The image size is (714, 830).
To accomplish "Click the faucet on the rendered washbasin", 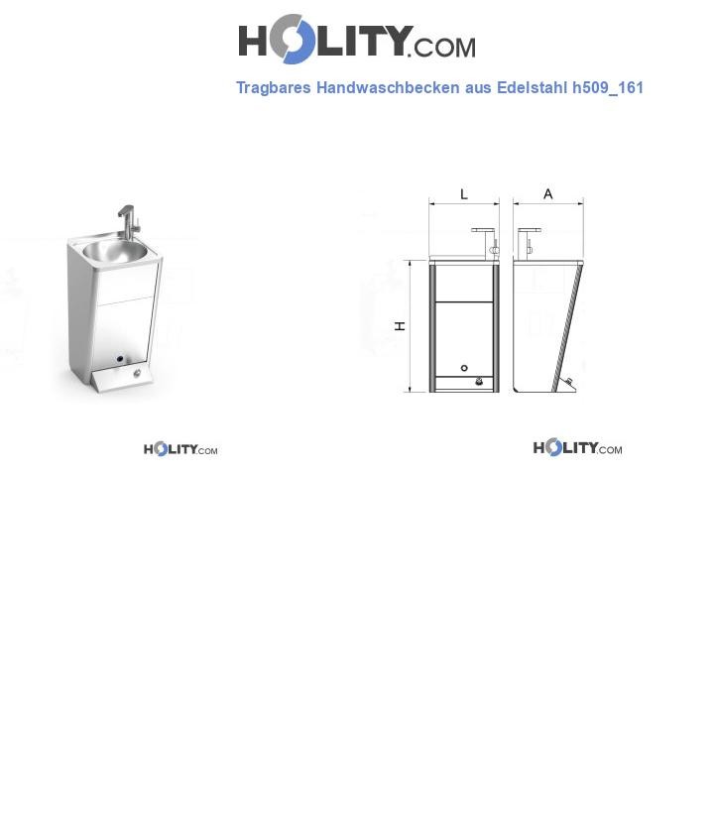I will point(124,219).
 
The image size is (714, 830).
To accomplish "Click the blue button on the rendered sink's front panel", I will point(119,359).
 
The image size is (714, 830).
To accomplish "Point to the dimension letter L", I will point(463,194).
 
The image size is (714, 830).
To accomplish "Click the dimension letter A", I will point(547,194).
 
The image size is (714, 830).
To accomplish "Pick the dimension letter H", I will point(401,326).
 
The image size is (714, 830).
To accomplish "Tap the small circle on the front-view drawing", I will point(465,368).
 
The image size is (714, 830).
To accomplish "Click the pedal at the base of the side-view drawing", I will point(568,383).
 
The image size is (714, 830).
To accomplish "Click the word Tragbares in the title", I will point(274,88).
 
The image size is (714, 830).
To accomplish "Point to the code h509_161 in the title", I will point(608,88).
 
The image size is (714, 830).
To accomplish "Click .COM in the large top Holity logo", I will point(444,47).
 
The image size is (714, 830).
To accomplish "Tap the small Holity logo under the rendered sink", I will point(180,449).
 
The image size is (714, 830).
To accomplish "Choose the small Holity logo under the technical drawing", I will point(577,448).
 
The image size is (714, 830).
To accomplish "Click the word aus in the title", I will point(479,88).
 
